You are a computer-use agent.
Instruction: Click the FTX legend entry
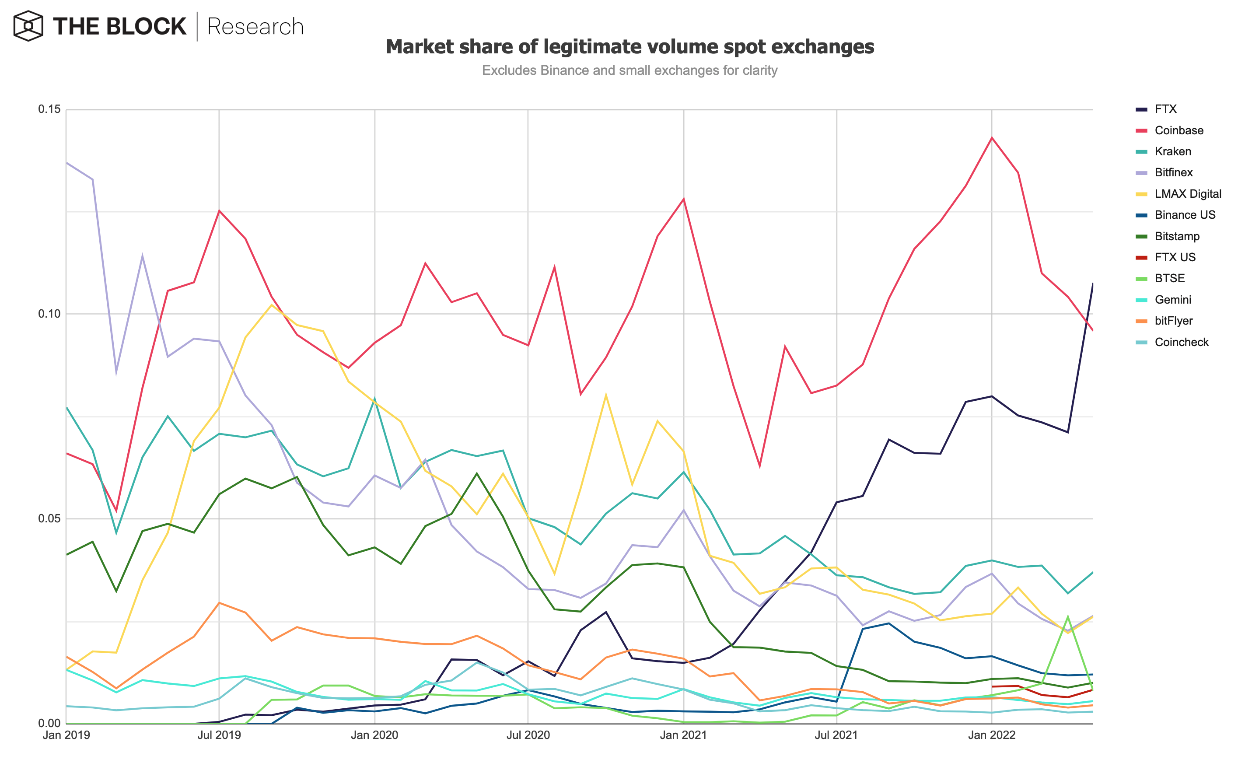pos(1165,109)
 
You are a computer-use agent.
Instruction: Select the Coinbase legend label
pos(1179,130)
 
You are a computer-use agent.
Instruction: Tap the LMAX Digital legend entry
pos(1187,194)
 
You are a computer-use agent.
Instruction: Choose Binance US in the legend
pos(1185,215)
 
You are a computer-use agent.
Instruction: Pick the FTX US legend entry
pos(1174,257)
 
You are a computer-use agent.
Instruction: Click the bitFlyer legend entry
pos(1173,321)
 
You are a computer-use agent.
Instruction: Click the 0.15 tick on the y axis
pos(49,109)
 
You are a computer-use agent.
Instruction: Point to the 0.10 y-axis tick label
pos(49,314)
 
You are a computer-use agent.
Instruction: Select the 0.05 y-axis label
pos(49,518)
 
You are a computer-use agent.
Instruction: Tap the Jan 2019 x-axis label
pos(66,735)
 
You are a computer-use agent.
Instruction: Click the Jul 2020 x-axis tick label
pos(528,735)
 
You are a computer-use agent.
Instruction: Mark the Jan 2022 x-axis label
pos(991,735)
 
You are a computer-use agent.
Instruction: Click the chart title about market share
pos(629,47)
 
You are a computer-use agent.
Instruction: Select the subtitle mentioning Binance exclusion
pos(629,70)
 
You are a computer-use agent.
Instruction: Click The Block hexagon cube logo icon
pos(28,26)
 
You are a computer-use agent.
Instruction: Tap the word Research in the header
pos(255,27)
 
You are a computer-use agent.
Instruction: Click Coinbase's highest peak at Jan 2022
pos(991,138)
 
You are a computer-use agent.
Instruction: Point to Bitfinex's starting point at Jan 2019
pos(67,163)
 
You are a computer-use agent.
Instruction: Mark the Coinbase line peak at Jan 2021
pos(683,199)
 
